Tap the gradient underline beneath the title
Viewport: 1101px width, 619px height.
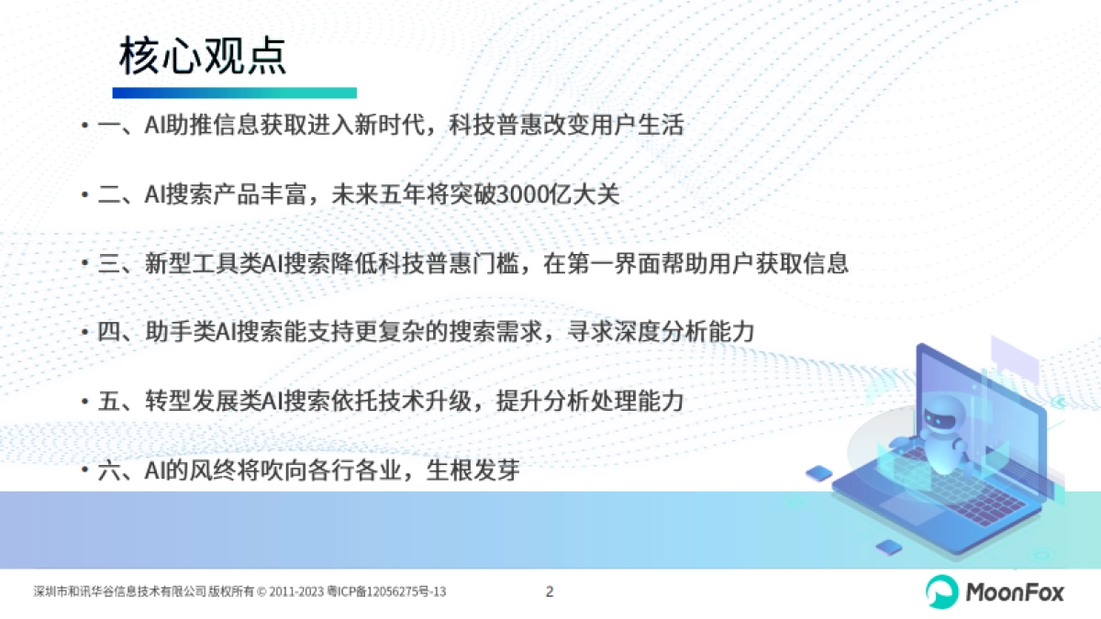234,93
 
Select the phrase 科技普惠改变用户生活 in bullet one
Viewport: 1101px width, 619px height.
566,126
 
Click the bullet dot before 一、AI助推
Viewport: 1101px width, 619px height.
83,127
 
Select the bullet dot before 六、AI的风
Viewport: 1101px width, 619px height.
83,472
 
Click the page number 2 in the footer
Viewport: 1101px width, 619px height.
550,591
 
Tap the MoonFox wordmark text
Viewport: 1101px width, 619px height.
1015,592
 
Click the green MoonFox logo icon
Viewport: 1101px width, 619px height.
940,591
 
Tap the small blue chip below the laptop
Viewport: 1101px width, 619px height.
888,547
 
